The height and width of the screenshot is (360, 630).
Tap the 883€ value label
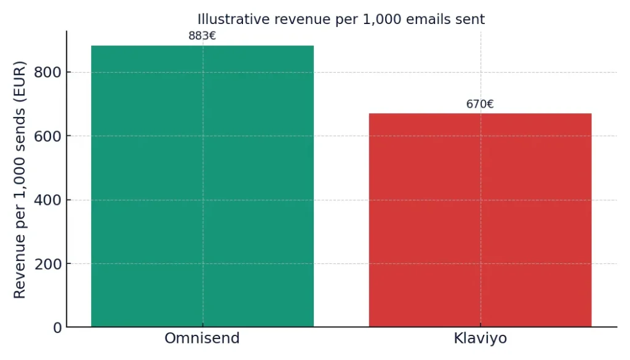(202, 36)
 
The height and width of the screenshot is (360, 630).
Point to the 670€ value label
(480, 105)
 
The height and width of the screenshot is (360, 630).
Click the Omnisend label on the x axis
(202, 339)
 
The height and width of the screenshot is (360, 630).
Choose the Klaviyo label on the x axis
(480, 339)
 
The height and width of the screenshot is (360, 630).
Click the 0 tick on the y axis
(57, 328)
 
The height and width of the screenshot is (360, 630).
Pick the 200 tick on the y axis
(49, 264)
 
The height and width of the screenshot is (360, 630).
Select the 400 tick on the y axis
(49, 200)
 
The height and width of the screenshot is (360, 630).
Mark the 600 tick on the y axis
(49, 136)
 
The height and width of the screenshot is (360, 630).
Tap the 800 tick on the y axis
(49, 73)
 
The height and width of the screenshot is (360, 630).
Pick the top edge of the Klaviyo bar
(480, 114)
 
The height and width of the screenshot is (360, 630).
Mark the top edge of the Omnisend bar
(202, 46)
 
